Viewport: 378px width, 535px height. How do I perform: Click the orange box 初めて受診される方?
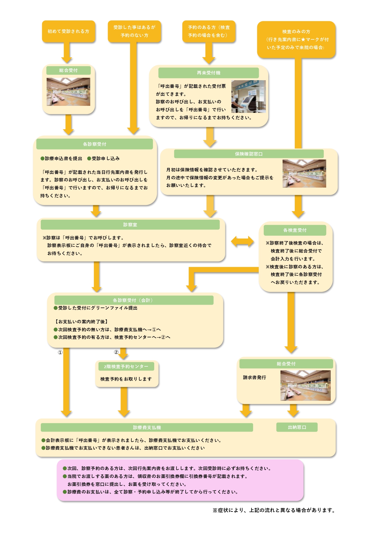[x=69, y=31]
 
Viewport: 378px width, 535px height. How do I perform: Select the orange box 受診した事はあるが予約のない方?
[x=134, y=31]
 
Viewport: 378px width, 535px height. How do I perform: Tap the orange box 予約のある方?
[x=209, y=31]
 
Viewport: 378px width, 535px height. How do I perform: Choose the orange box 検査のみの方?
[x=296, y=39]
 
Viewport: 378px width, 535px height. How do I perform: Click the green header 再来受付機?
[x=209, y=73]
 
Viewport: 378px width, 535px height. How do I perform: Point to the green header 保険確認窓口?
[x=249, y=154]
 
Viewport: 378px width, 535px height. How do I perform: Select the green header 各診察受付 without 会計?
[x=94, y=144]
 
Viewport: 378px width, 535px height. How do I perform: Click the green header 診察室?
[x=130, y=225]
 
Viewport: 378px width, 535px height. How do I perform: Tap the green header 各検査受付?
[x=295, y=230]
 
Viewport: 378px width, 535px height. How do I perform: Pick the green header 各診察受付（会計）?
[x=134, y=300]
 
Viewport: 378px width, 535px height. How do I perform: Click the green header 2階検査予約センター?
[x=126, y=366]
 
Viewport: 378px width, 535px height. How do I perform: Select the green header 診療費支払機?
[x=147, y=427]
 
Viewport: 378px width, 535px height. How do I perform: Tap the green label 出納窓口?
[x=297, y=427]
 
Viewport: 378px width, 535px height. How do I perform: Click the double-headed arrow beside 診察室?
[x=242, y=242]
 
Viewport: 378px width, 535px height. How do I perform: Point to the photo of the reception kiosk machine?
[x=248, y=96]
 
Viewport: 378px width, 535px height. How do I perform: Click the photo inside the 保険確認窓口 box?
[x=304, y=173]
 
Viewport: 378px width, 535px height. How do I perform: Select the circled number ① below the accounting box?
[x=60, y=352]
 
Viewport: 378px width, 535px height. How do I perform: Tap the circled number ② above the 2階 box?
[x=116, y=352]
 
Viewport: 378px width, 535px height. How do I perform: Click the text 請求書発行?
[x=255, y=377]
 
